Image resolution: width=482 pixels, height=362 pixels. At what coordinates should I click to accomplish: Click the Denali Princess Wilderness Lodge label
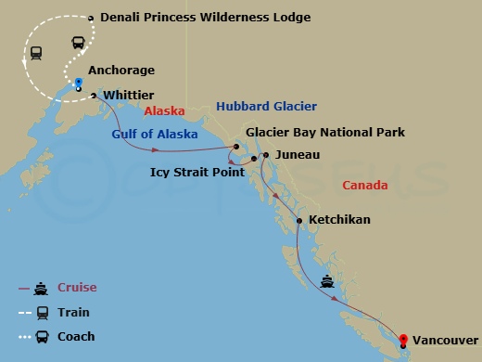pos(205,18)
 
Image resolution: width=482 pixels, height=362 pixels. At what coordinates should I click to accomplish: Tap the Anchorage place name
pos(120,71)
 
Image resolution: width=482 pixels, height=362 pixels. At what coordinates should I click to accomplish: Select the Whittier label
pos(129,95)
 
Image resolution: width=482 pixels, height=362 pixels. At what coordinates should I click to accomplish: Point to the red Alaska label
pos(165,110)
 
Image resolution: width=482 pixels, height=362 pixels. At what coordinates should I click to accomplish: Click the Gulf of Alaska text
pos(155,135)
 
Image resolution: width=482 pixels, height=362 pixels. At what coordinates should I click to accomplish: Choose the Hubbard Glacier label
pos(266,107)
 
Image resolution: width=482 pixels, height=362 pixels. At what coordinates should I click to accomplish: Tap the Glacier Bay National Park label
pos(324,133)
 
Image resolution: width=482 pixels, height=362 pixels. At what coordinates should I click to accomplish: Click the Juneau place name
pos(298,155)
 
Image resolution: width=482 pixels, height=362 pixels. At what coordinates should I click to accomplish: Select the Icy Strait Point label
pos(197,172)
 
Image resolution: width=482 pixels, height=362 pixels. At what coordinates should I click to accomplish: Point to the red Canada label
pos(364,186)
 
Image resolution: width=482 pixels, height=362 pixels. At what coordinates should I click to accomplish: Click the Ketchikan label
pos(339,220)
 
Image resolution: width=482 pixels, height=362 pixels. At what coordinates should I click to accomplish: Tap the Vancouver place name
pos(445,340)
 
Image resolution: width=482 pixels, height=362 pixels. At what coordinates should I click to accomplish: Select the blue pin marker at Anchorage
pos(79,83)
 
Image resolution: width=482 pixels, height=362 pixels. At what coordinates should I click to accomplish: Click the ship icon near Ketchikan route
pos(327,280)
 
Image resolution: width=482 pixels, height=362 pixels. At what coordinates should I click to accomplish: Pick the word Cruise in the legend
pos(77,288)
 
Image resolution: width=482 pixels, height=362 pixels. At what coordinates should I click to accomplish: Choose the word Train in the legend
pos(74,312)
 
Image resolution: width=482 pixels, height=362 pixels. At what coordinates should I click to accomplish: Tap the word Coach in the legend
pos(76,336)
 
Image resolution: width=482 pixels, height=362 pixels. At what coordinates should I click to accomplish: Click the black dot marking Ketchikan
pos(298,220)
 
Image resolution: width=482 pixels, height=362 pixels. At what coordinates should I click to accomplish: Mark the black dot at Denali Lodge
pos(91,18)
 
